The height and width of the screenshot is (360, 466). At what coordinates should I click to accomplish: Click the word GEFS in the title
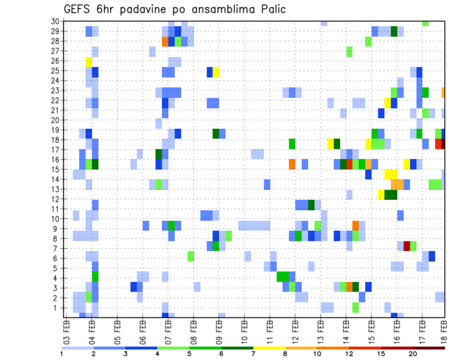point(78,9)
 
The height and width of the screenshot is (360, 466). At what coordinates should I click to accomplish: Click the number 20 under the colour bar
point(413,354)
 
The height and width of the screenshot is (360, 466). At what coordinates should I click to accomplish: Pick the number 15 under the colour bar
point(381,354)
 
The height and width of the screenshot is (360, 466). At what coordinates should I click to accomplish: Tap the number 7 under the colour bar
point(253,354)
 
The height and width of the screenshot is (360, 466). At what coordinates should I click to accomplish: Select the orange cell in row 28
point(165,42)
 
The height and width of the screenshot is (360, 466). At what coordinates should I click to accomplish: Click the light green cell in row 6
point(191,256)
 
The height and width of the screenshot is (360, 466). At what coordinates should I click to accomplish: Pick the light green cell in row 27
point(349,51)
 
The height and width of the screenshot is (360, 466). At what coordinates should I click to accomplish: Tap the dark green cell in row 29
point(394,32)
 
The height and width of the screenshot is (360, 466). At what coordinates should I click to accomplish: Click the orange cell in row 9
point(356,226)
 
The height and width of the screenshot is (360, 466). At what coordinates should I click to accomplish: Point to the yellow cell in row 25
point(216,72)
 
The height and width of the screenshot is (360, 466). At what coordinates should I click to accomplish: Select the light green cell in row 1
point(356,307)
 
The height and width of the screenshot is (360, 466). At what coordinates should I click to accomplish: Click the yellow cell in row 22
point(387,103)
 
